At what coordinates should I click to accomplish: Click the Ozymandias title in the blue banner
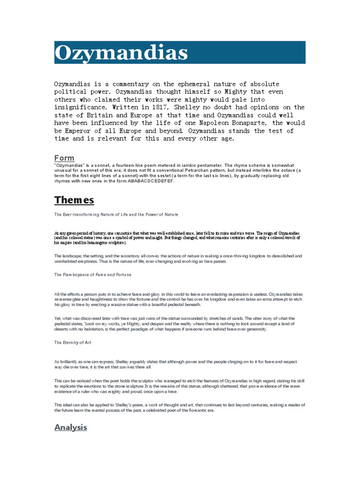click(121, 53)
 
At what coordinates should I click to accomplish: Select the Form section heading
click(64, 158)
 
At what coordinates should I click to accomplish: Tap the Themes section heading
click(74, 200)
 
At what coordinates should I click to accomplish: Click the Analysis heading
click(71, 427)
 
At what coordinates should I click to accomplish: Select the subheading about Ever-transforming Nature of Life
click(116, 214)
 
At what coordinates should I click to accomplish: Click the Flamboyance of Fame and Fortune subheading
click(93, 274)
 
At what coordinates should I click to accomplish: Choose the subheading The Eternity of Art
click(73, 343)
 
